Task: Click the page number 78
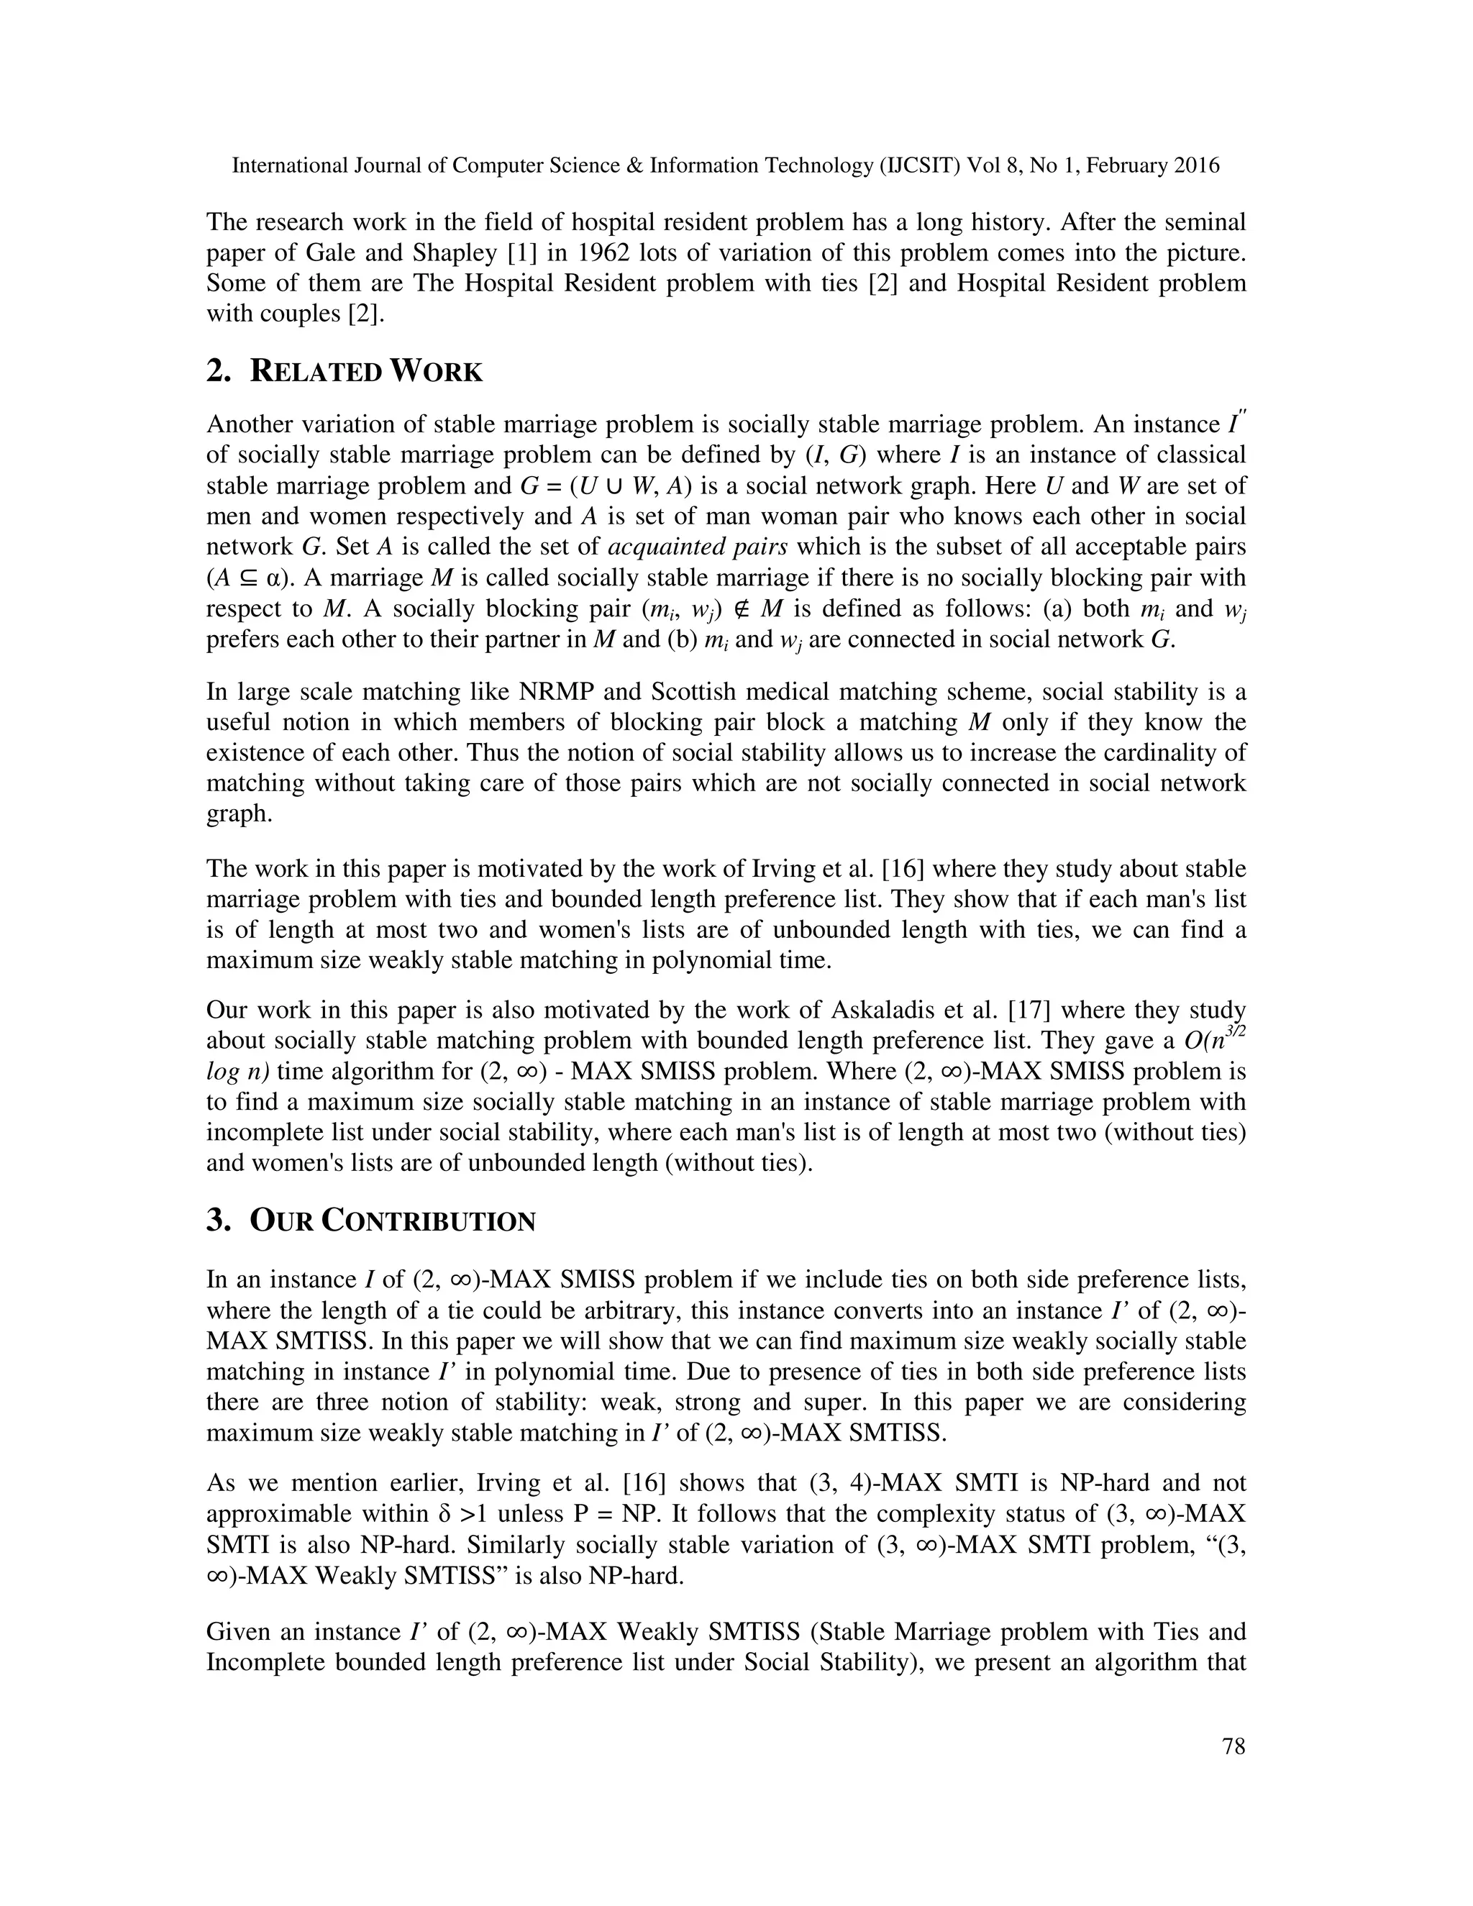[x=1233, y=1746]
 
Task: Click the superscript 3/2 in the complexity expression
[x=1234, y=1031]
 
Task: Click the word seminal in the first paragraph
[x=1202, y=222]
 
